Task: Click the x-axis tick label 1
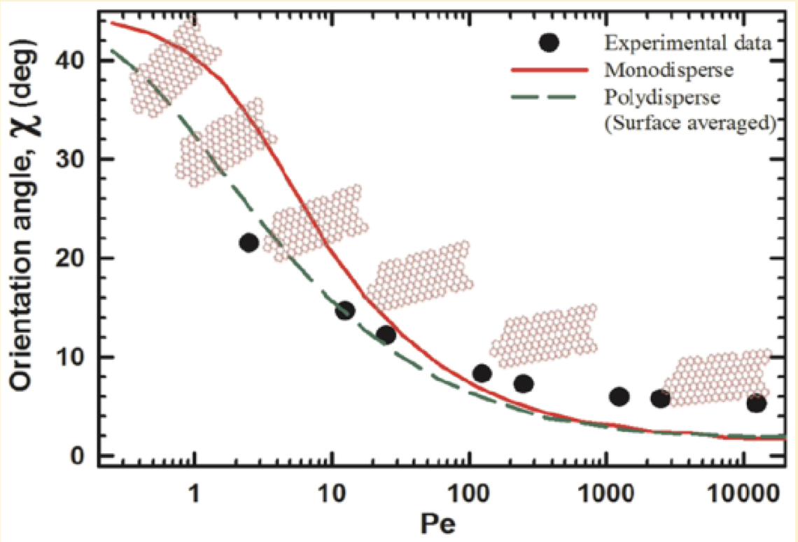pyautogui.click(x=195, y=494)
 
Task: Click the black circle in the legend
pyautogui.click(x=550, y=42)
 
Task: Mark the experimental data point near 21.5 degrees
pyautogui.click(x=248, y=243)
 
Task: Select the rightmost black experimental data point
pyautogui.click(x=756, y=403)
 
